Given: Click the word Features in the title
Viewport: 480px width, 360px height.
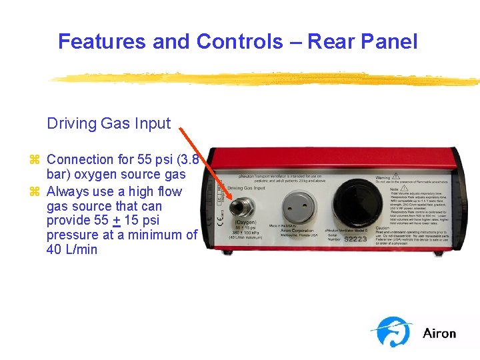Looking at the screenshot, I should (102, 41).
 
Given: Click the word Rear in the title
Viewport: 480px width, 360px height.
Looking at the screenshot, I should (324, 41).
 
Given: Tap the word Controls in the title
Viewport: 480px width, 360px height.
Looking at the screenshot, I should (239, 41).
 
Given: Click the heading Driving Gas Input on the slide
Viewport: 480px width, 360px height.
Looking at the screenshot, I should (109, 123).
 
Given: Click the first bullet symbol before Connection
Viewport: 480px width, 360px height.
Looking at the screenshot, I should (35, 160).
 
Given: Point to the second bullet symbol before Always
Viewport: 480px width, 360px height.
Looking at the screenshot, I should (35, 192).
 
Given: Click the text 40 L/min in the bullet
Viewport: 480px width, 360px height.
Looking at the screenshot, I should (72, 250).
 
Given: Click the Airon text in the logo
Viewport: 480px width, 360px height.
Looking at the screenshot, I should (439, 333).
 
